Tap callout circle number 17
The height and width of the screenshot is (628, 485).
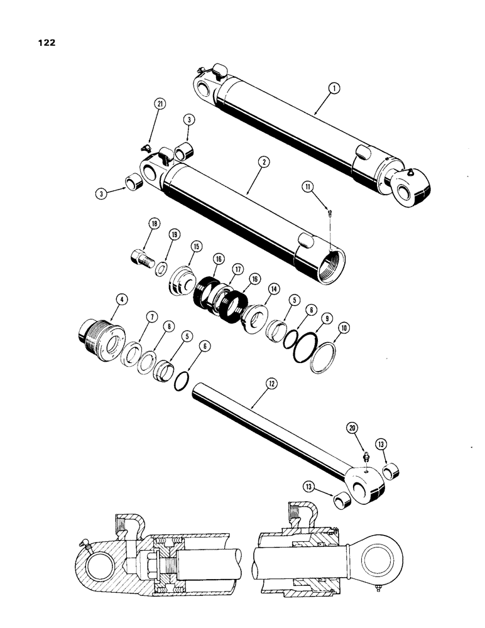coord(237,271)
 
